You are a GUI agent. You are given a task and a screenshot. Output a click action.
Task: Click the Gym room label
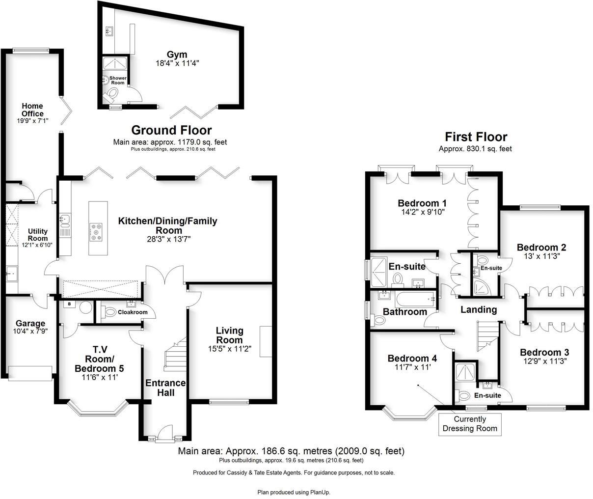tap(177, 55)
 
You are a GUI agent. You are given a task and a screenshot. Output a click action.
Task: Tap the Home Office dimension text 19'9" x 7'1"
tap(32, 120)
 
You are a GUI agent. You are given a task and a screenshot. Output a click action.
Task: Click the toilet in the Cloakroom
tap(109, 311)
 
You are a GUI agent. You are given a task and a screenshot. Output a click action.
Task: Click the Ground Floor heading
tap(171, 130)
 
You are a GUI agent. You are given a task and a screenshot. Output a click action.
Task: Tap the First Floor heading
tap(476, 137)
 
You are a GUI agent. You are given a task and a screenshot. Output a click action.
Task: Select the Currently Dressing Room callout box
tap(470, 424)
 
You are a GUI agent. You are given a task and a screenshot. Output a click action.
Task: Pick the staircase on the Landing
tap(487, 336)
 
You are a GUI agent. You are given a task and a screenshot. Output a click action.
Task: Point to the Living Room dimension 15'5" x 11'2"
tap(229, 349)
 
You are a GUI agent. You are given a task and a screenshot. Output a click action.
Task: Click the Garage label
tap(30, 323)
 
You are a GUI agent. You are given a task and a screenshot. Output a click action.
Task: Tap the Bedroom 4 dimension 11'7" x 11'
tap(412, 367)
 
